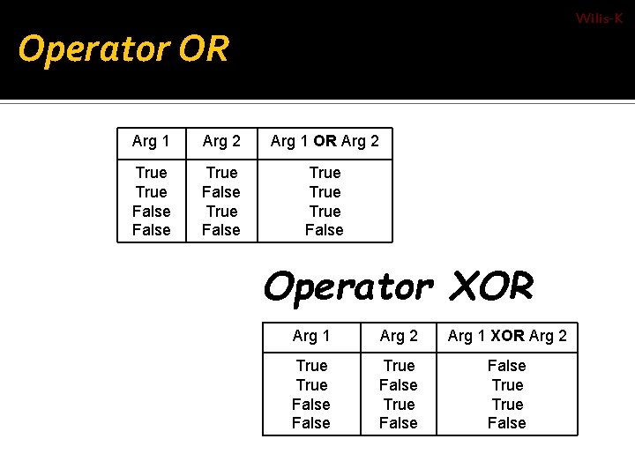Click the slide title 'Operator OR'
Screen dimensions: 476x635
(x=123, y=49)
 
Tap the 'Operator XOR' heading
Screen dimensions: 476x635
(x=399, y=286)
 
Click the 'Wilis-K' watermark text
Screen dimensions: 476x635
(x=599, y=19)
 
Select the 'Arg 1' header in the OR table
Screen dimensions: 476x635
(x=151, y=141)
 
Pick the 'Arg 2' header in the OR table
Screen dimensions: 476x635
(x=221, y=141)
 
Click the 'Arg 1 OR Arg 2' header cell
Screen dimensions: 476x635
(x=325, y=141)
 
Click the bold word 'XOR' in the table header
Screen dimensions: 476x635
(x=507, y=335)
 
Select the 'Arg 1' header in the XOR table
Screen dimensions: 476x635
(x=311, y=335)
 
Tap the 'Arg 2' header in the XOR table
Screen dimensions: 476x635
(x=399, y=335)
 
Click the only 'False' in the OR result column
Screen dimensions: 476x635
(x=325, y=230)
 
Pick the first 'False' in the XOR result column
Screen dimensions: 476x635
(x=507, y=366)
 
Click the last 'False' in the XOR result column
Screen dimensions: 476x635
(x=507, y=423)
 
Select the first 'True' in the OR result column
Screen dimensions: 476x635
(x=325, y=173)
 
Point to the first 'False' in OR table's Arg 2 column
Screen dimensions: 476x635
(x=221, y=192)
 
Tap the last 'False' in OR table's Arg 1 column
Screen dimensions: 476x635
(x=151, y=230)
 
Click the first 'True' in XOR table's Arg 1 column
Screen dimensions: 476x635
(x=311, y=366)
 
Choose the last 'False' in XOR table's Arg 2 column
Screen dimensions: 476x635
(x=399, y=423)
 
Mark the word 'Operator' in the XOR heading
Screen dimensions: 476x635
(x=347, y=286)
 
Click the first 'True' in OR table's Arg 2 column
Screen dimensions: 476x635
(x=221, y=173)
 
